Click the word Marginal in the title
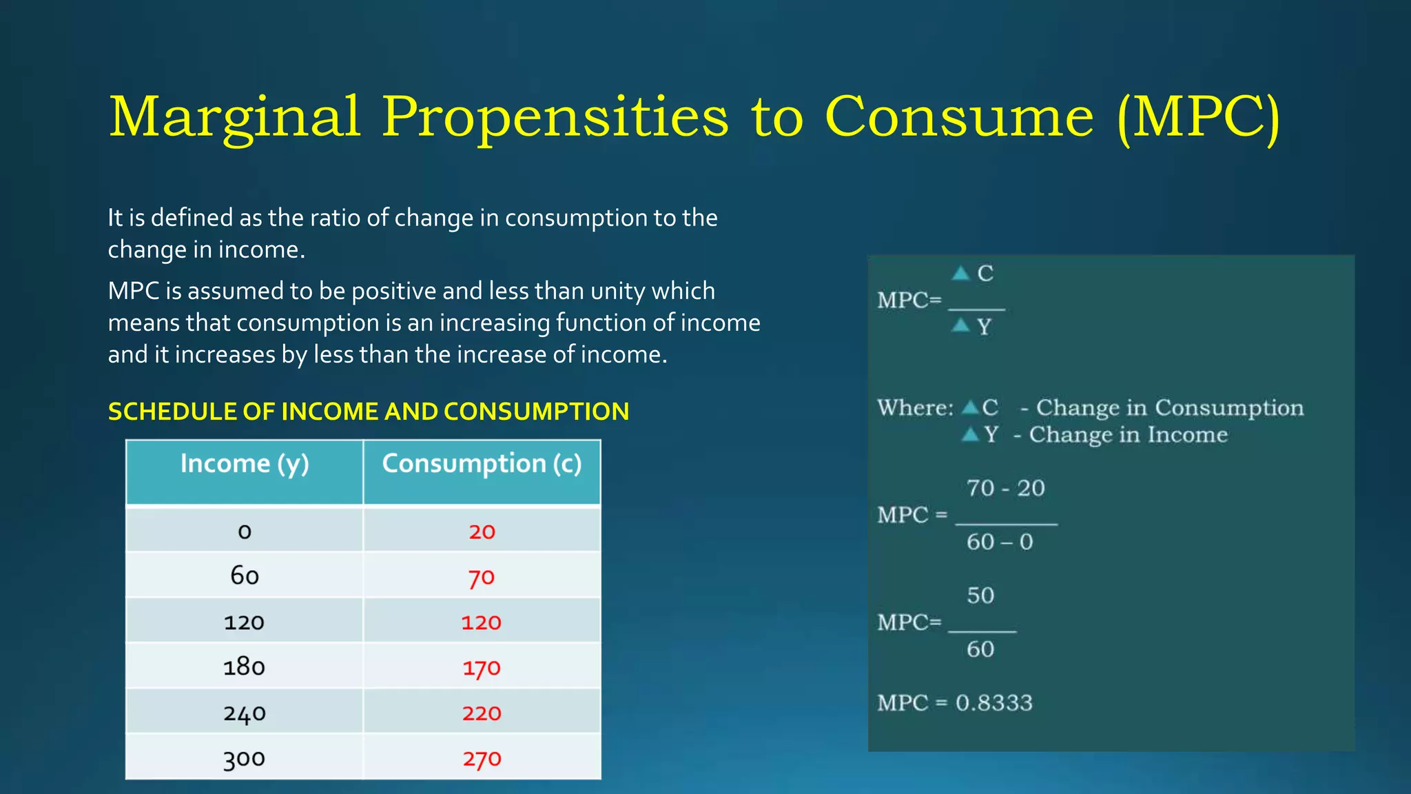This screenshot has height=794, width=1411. (x=235, y=117)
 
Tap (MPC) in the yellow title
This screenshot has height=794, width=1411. (x=1198, y=117)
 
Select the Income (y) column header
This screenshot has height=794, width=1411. (x=245, y=464)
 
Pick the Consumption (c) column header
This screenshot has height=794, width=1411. (x=482, y=464)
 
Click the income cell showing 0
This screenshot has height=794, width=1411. (x=245, y=531)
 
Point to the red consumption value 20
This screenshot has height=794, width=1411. (x=482, y=531)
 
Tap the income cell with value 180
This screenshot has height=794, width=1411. (x=245, y=666)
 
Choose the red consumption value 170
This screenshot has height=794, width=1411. (x=482, y=667)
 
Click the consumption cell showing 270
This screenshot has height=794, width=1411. (x=482, y=758)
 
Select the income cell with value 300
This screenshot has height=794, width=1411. (x=245, y=758)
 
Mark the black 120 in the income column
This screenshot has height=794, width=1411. (x=245, y=622)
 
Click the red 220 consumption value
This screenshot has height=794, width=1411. (x=482, y=713)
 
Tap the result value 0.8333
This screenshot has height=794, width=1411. (x=993, y=703)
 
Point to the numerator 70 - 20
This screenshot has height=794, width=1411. (x=1005, y=488)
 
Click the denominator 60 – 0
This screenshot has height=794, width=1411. (x=999, y=542)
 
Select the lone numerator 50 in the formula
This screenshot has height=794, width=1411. (x=980, y=595)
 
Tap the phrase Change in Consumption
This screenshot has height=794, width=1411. (x=1169, y=408)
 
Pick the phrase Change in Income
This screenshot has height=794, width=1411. (x=1128, y=435)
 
